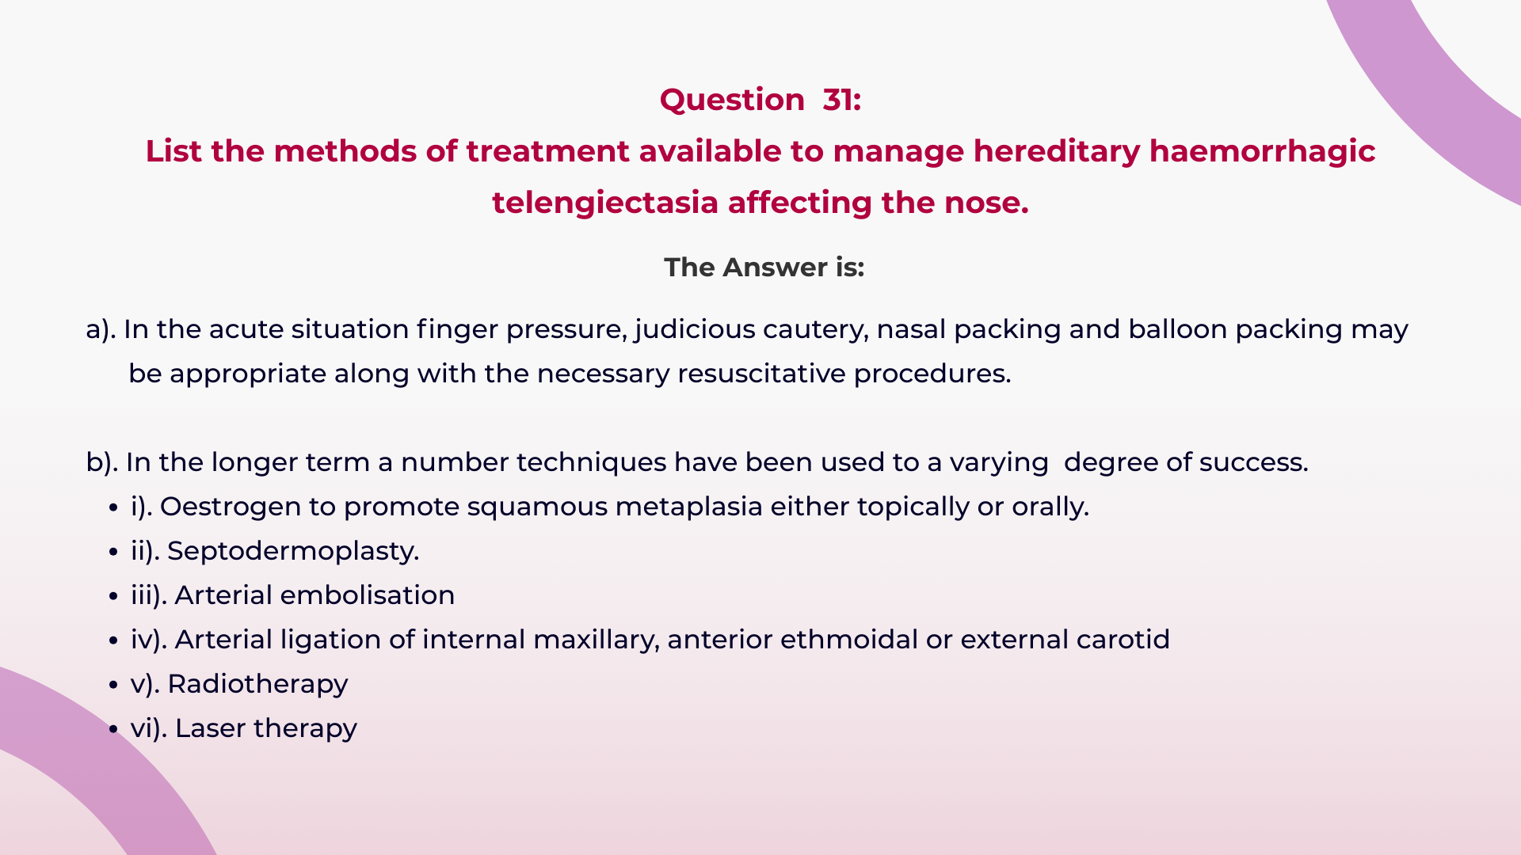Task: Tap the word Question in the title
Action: (x=732, y=100)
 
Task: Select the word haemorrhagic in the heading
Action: (x=1262, y=151)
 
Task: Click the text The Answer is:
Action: (x=764, y=268)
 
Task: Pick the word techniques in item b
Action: (x=591, y=462)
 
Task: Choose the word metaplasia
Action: (x=688, y=507)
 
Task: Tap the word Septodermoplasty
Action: (x=293, y=551)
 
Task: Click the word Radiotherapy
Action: (x=257, y=684)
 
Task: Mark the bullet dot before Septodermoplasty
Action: (x=114, y=552)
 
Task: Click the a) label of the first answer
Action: (x=101, y=329)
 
